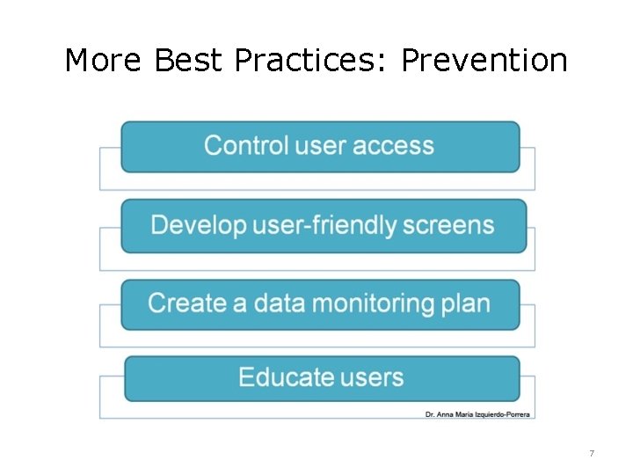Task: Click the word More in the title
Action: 104,61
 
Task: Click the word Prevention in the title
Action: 484,61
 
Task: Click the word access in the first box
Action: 396,145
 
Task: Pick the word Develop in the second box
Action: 199,225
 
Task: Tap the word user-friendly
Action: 325,225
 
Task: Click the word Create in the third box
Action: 186,303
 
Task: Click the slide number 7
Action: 592,454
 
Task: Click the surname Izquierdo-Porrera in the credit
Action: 503,413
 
